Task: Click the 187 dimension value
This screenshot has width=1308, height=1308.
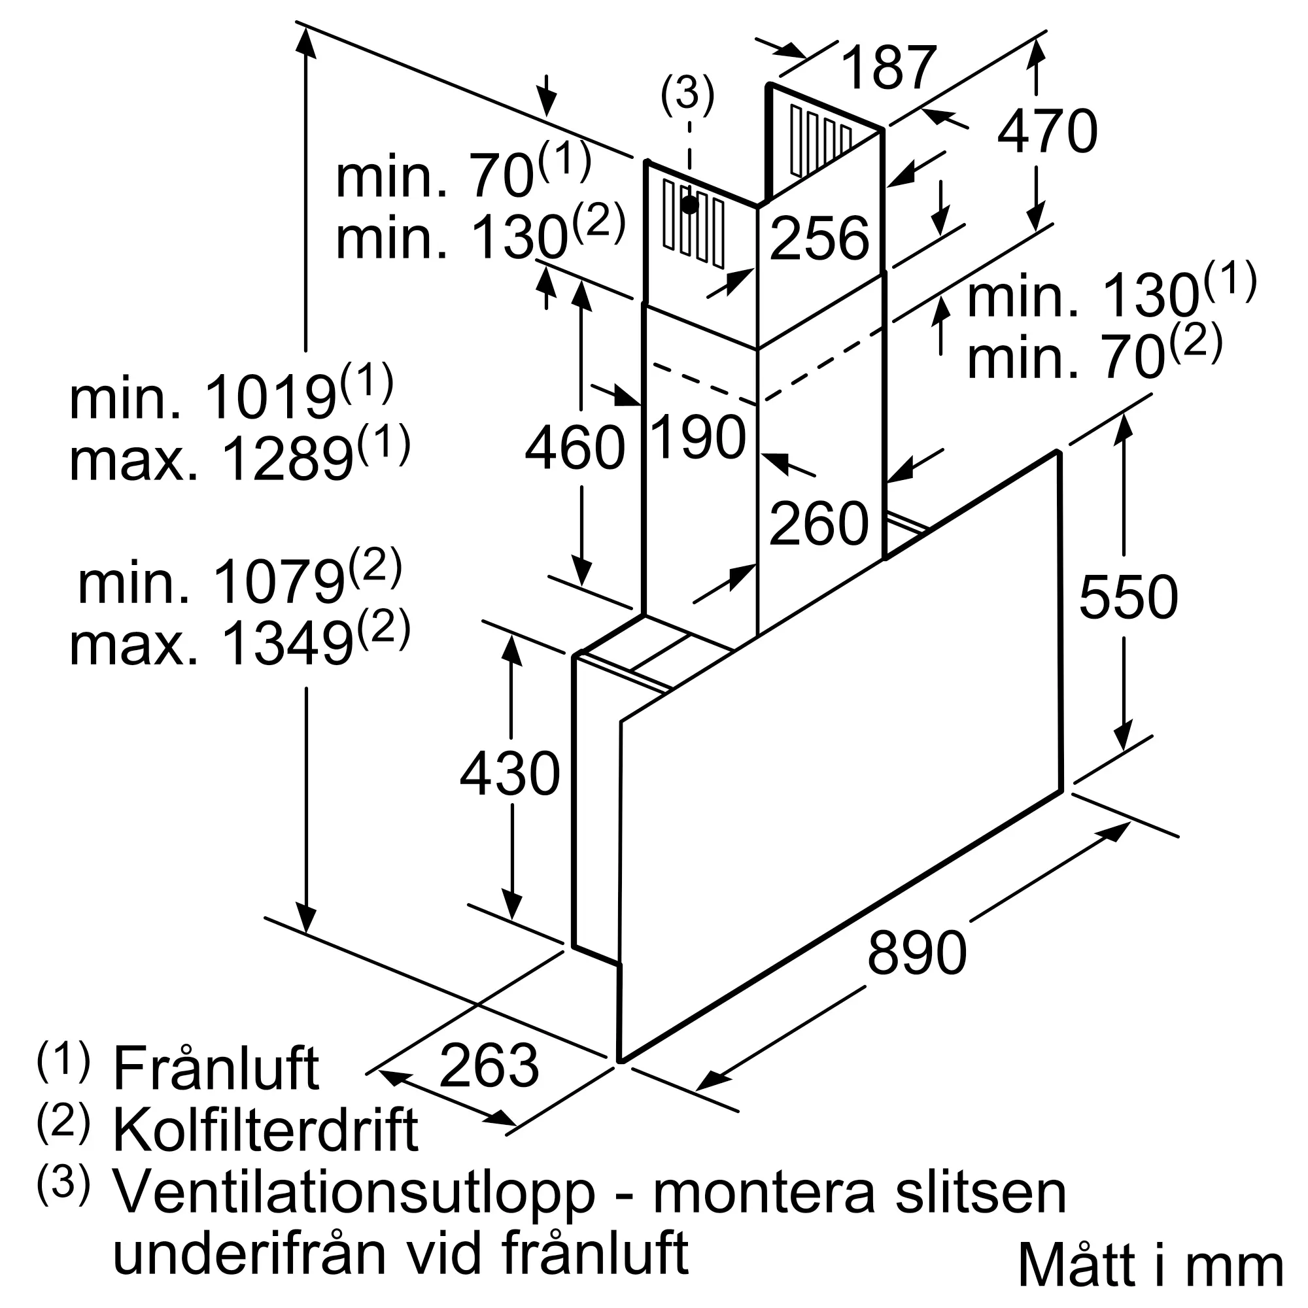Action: click(889, 68)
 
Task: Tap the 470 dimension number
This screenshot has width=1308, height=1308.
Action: click(1047, 131)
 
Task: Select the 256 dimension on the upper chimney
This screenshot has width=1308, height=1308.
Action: click(819, 238)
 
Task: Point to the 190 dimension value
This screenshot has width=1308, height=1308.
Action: click(698, 438)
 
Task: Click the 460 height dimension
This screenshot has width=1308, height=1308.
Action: click(575, 447)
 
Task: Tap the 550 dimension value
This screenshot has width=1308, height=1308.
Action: click(1129, 596)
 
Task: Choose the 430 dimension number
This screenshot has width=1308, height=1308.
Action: click(510, 773)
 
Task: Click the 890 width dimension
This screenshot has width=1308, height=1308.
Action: click(917, 952)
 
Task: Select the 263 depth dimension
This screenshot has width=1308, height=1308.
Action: click(489, 1065)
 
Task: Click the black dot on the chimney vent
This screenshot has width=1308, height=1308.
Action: click(689, 205)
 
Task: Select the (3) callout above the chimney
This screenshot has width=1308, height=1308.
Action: click(687, 94)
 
